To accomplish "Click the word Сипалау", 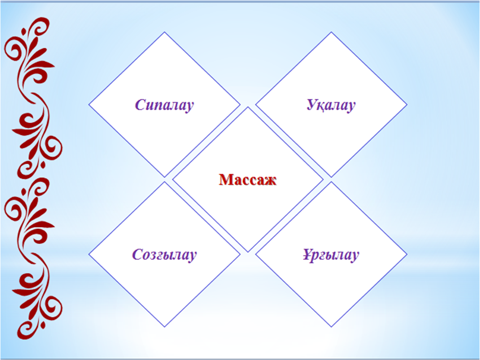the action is coord(164,105).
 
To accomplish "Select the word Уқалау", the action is coord(331,105).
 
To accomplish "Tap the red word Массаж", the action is coord(248,180).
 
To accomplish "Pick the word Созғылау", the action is coord(164,255).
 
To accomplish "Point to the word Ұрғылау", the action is coord(331,255).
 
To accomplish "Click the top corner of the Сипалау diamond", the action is coord(164,32).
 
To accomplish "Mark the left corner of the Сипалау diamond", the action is coord(89,104).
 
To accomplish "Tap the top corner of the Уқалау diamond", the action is coord(331,32).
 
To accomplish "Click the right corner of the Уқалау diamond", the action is coord(407,104).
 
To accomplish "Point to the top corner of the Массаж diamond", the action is coord(248,107).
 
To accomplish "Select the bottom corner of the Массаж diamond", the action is coord(248,252).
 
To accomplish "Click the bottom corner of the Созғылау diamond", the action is coord(164,327).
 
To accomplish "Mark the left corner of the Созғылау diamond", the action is coord(89,254).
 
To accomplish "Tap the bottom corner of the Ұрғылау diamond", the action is coord(331,327).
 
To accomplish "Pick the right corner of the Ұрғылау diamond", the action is coord(407,254).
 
